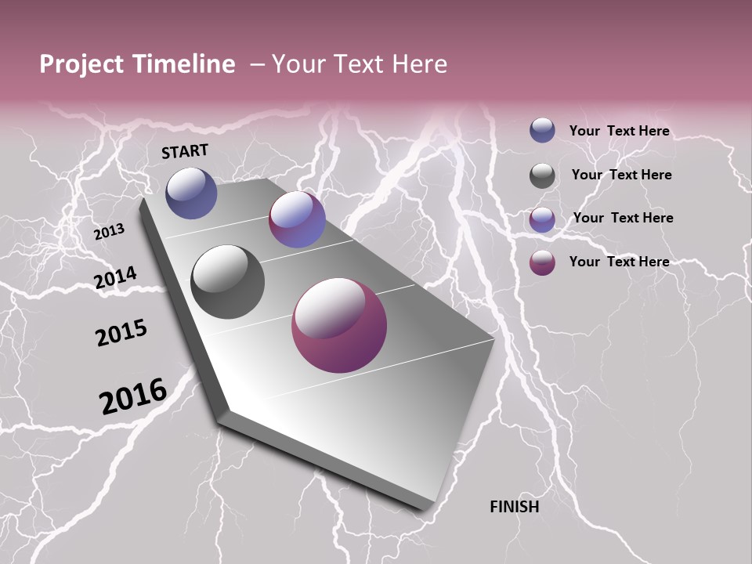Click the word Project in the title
[x=79, y=64]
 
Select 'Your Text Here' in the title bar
[x=360, y=64]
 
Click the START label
[x=185, y=151]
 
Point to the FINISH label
[x=515, y=507]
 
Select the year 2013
[x=109, y=232]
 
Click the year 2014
[x=115, y=277]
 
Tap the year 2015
[x=121, y=333]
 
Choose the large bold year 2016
[x=133, y=396]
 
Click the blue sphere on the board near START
[x=191, y=193]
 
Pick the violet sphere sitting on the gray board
[x=297, y=219]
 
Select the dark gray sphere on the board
[x=228, y=282]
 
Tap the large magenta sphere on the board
[x=339, y=325]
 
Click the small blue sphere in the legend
[x=542, y=130]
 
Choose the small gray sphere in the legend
[x=542, y=175]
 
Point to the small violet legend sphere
[x=542, y=219]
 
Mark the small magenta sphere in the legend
[x=542, y=262]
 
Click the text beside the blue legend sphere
[x=619, y=131]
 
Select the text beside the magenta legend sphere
[x=619, y=262]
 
